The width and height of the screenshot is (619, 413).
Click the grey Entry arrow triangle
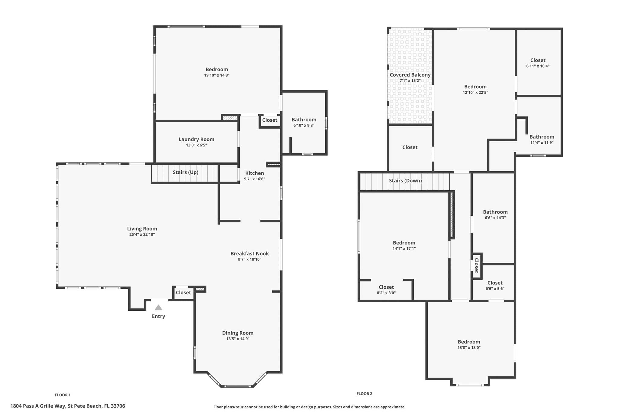point(158,307)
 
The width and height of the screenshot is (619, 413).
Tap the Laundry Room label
point(196,139)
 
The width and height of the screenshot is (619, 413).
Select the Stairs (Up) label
point(186,172)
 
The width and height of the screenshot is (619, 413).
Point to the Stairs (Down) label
point(405,181)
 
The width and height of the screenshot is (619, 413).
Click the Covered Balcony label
point(410,75)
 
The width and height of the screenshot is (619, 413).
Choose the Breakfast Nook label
point(250,254)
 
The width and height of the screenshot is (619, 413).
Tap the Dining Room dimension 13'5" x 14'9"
point(238,339)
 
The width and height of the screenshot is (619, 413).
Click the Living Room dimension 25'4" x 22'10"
point(142,234)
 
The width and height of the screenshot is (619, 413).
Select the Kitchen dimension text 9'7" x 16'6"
point(254,179)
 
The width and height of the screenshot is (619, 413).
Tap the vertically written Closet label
point(476,265)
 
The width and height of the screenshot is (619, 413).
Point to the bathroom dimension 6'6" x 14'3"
point(495,218)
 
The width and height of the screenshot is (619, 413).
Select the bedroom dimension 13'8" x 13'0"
point(469,347)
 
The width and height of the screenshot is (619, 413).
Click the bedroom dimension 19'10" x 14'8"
point(217,75)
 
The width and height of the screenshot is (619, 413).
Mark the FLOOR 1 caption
point(63,395)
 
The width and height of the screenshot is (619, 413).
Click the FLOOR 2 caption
point(364,394)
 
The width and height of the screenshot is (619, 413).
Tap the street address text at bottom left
point(68,406)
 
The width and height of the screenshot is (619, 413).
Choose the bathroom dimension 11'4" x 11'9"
point(542,143)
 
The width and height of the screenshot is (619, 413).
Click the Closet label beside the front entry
point(183,293)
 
